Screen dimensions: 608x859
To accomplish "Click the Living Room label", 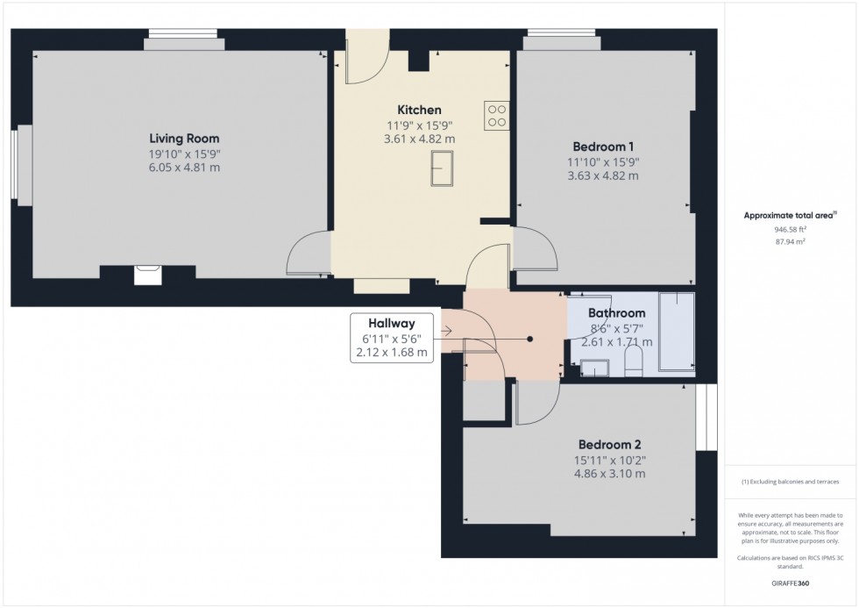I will [x=184, y=139].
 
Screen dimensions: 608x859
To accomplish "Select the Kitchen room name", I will [x=419, y=110].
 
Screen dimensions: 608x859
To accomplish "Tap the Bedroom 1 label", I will [x=603, y=147].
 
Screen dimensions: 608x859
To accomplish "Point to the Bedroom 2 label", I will [x=609, y=444].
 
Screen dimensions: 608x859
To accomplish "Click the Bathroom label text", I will [x=616, y=313].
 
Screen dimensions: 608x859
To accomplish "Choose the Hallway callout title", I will [x=392, y=323].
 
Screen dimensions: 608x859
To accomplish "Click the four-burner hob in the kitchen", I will [x=496, y=117].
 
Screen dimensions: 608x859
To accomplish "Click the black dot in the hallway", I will [x=530, y=339].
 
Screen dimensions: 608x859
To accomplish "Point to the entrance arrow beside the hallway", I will [x=447, y=332].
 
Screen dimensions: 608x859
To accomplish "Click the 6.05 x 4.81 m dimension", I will [x=184, y=168].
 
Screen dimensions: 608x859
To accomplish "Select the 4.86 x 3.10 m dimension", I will [x=609, y=474].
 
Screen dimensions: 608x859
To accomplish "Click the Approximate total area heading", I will [x=789, y=215].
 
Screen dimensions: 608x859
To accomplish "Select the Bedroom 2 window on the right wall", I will [x=706, y=418].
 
